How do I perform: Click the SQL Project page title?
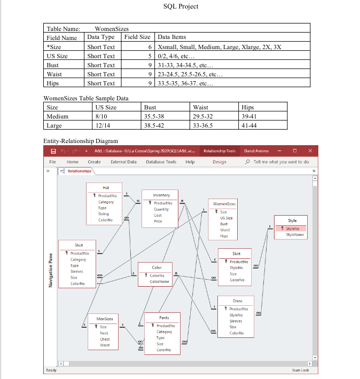[180, 6]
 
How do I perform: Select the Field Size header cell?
[137, 37]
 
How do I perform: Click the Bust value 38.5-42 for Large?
[154, 125]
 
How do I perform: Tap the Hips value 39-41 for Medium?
[249, 116]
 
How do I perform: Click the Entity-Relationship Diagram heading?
[80, 141]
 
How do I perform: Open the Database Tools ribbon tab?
[161, 162]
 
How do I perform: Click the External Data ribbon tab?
[123, 162]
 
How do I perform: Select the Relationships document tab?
[79, 171]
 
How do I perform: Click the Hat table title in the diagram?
[105, 187]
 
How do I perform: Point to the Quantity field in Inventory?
[161, 209]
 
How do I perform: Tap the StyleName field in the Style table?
[295, 234]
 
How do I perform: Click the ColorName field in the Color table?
[159, 281]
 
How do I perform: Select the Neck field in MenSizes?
[104, 333]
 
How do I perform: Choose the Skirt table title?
[237, 254]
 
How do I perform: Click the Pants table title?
[164, 318]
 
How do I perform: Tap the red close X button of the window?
[310, 151]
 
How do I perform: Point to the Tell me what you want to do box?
[281, 162]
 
